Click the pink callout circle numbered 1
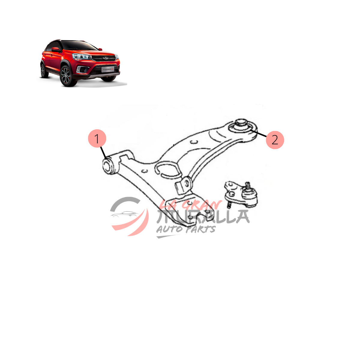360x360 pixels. (x=97, y=138)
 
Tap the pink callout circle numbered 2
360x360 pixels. (x=274, y=140)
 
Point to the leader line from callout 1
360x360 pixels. (x=103, y=153)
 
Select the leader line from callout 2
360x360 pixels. (x=258, y=133)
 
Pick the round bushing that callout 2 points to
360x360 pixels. (x=241, y=126)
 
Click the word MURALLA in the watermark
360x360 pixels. (x=203, y=217)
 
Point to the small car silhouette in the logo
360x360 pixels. (x=124, y=215)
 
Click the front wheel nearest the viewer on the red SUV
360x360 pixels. (x=66, y=76)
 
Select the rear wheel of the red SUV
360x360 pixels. (x=43, y=70)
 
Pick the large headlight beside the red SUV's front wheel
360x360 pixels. (x=81, y=57)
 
